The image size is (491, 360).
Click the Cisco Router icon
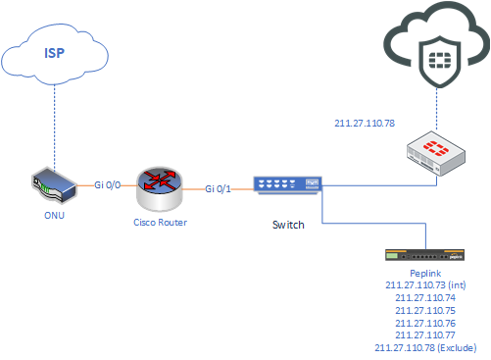click(159, 187)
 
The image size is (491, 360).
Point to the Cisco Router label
click(160, 224)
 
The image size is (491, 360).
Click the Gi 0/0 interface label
click(108, 183)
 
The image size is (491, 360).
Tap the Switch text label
click(289, 225)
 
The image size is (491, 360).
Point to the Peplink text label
click(425, 276)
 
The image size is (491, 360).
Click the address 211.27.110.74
click(425, 297)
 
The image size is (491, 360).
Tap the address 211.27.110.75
click(425, 310)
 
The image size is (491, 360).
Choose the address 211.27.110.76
click(425, 322)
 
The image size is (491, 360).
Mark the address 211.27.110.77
click(425, 334)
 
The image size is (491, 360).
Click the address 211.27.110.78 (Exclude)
click(425, 347)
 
